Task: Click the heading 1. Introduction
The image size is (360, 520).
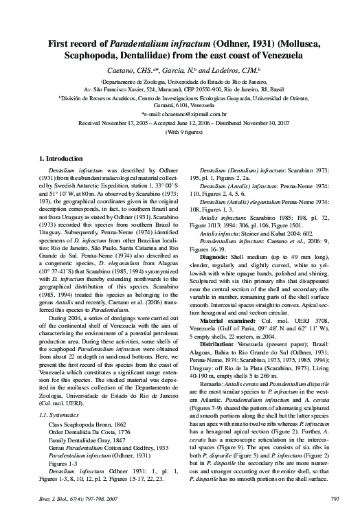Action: pyautogui.click(x=64, y=159)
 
